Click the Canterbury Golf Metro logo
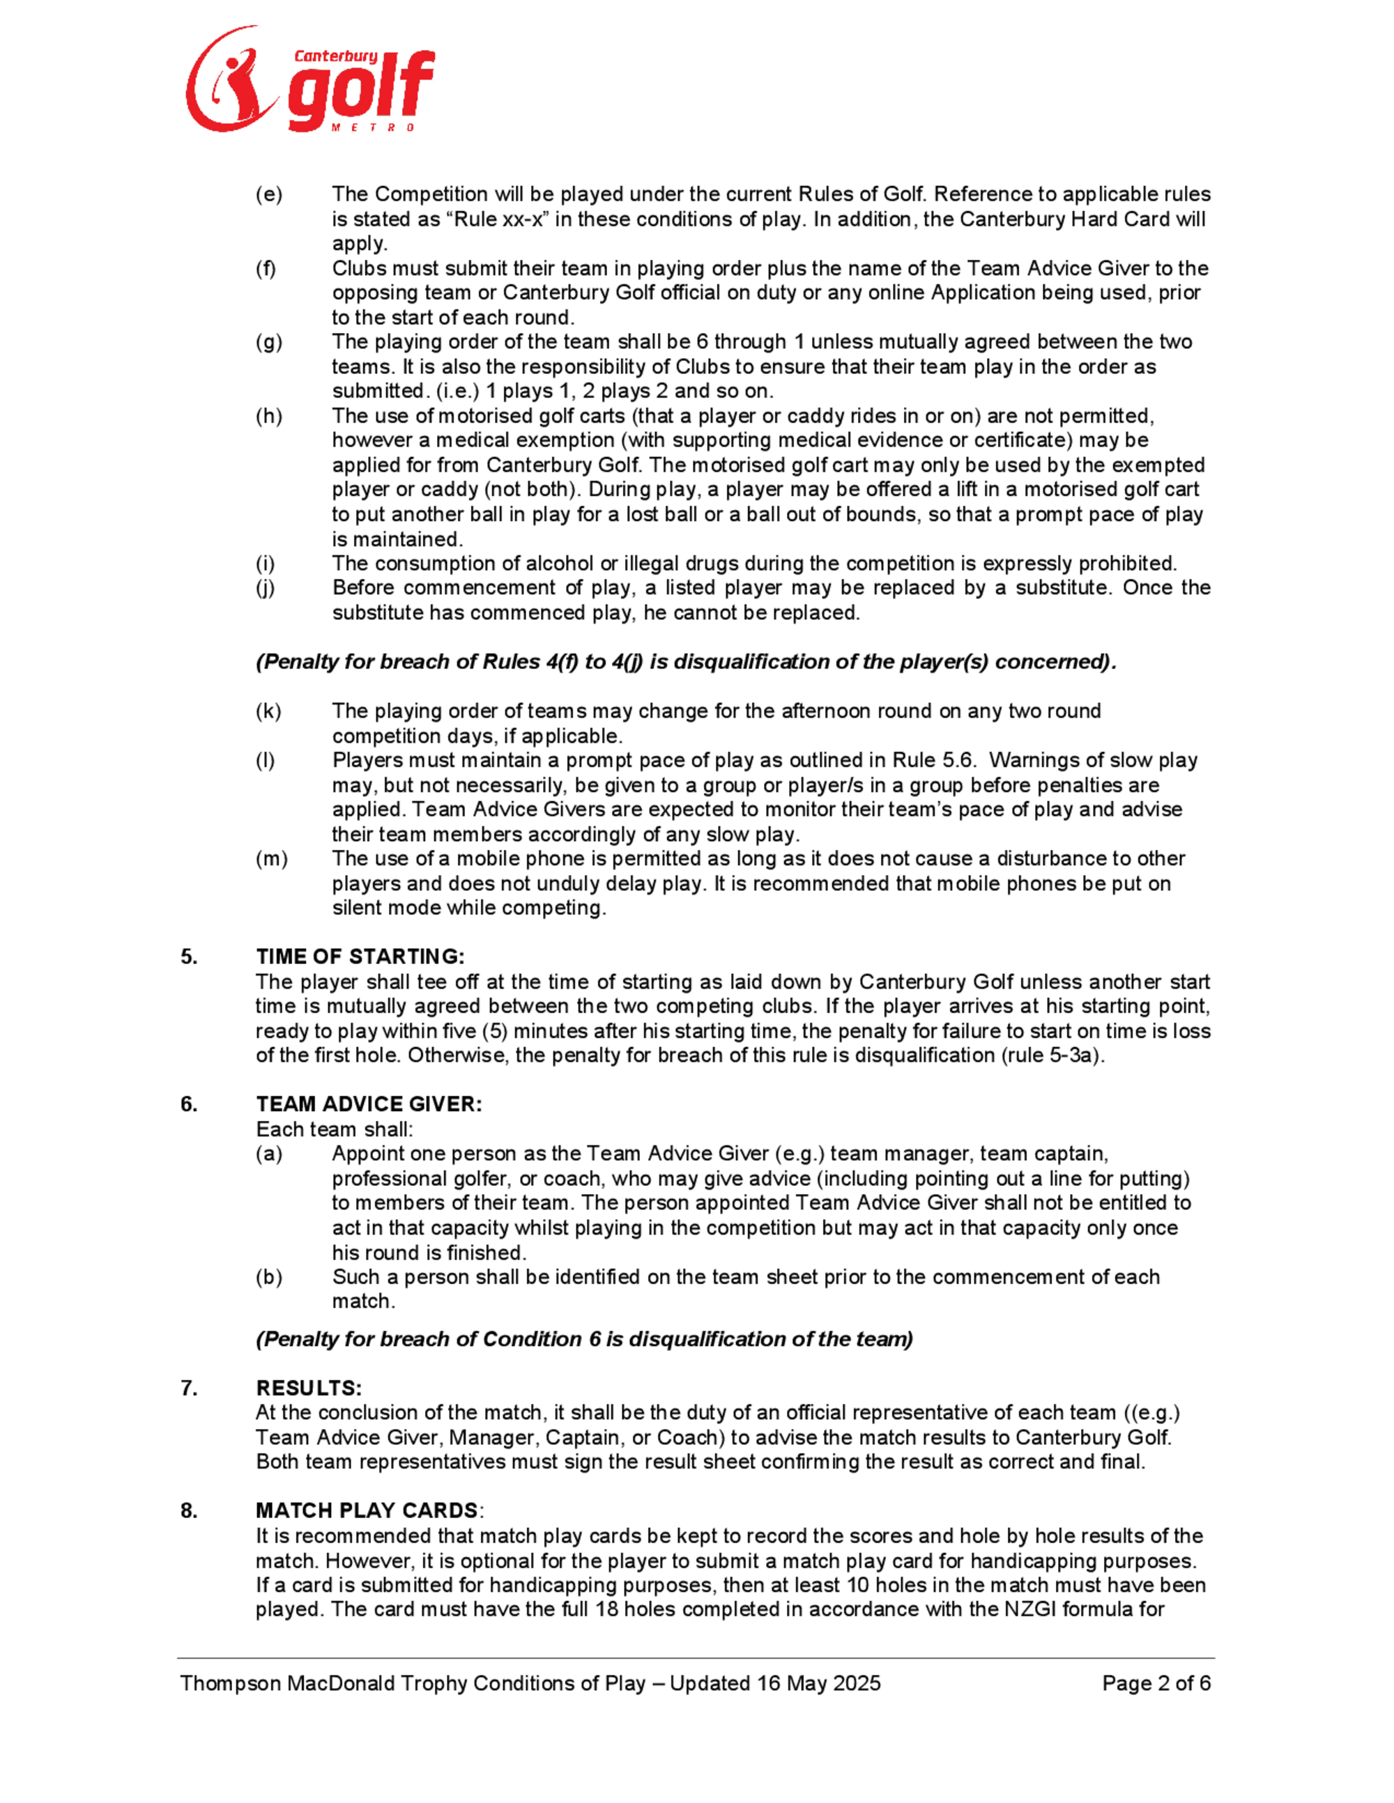point(309,80)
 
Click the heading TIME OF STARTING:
point(360,957)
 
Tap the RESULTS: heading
point(309,1388)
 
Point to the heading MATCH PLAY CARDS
point(367,1511)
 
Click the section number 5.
point(189,957)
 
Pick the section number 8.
point(189,1511)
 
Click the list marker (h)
point(268,416)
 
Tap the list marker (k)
point(268,711)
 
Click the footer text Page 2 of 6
point(1156,1683)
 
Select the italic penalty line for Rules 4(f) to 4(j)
point(685,662)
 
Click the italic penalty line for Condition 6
point(584,1339)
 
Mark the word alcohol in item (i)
point(562,564)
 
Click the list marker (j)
point(265,588)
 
